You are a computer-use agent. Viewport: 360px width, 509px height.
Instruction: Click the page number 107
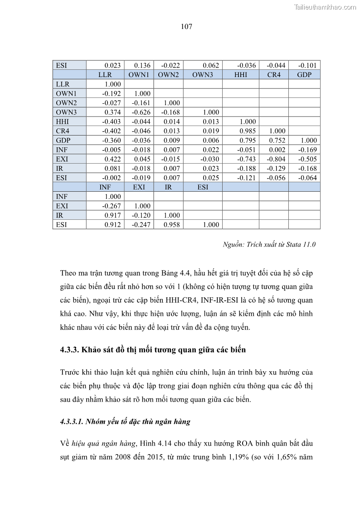click(x=186, y=27)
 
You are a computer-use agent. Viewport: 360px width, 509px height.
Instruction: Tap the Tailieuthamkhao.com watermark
click(x=325, y=7)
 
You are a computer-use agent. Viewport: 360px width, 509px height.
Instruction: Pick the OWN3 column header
click(x=202, y=75)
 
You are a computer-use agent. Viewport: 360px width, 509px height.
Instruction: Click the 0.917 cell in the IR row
click(x=112, y=215)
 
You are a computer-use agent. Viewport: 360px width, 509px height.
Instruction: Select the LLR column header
click(x=105, y=75)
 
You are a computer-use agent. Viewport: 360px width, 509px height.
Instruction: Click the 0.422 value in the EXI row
click(x=112, y=159)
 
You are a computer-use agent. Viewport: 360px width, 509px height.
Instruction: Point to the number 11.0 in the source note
click(x=308, y=245)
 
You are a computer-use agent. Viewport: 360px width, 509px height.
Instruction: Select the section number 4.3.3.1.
click(x=74, y=422)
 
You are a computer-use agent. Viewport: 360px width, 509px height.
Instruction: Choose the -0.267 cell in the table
click(x=112, y=206)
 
